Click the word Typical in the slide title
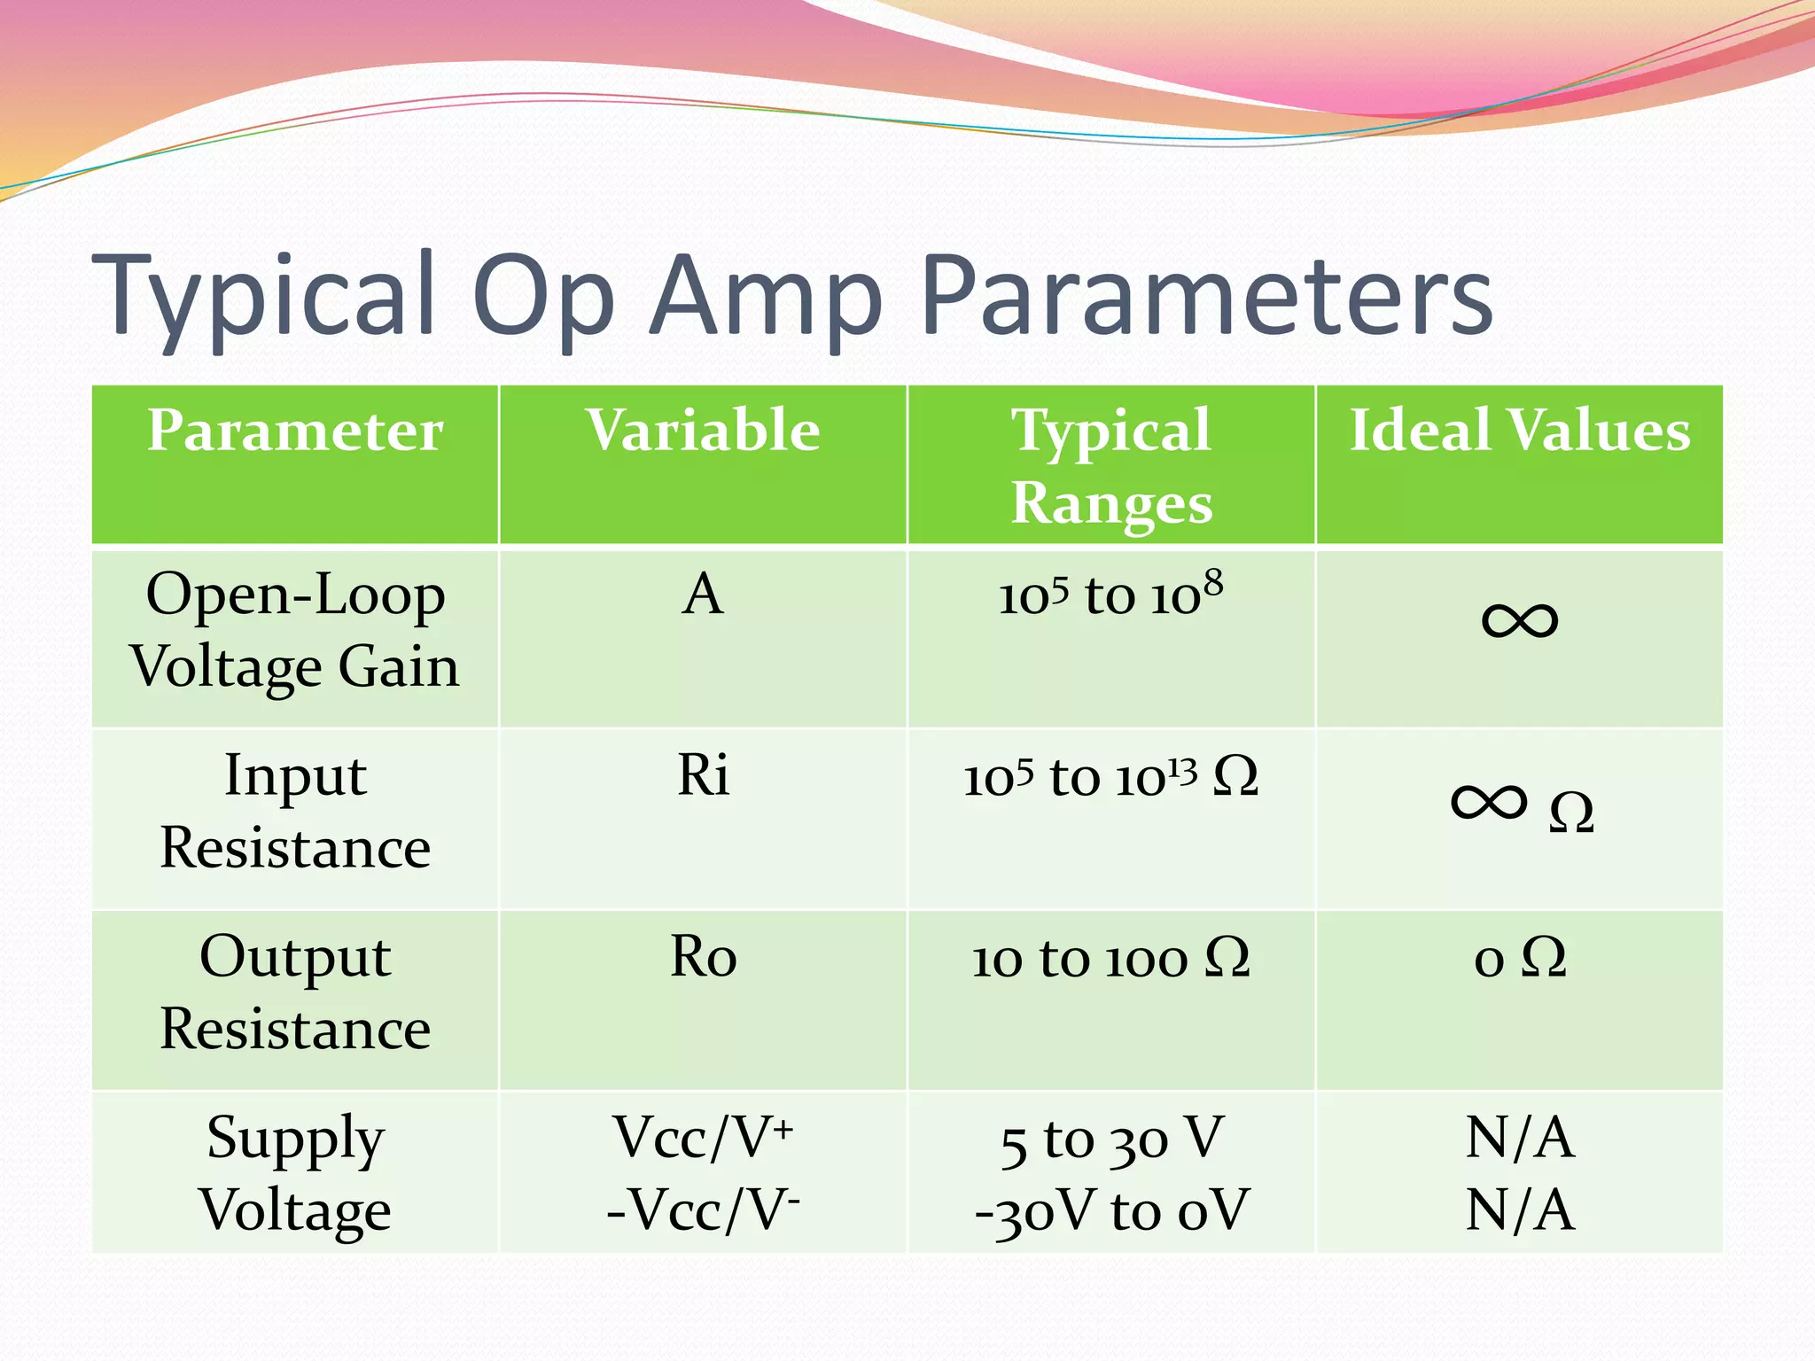tap(264, 297)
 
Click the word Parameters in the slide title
tap(1207, 297)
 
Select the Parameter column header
tap(295, 431)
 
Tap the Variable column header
tap(703, 431)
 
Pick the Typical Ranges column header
tap(1111, 465)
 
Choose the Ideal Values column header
tap(1519, 431)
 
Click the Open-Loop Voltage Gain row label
tap(295, 630)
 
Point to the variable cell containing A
tap(703, 594)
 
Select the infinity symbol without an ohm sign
tap(1519, 620)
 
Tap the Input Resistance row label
tap(295, 812)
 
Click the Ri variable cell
tap(703, 775)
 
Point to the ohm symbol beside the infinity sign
tap(1571, 812)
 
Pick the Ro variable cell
tap(703, 957)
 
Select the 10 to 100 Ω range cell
tap(1111, 958)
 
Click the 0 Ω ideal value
tap(1519, 958)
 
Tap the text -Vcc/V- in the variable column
tap(703, 1210)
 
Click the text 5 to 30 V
tap(1111, 1139)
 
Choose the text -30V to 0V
tap(1111, 1210)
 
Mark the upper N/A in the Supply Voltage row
tap(1519, 1138)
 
